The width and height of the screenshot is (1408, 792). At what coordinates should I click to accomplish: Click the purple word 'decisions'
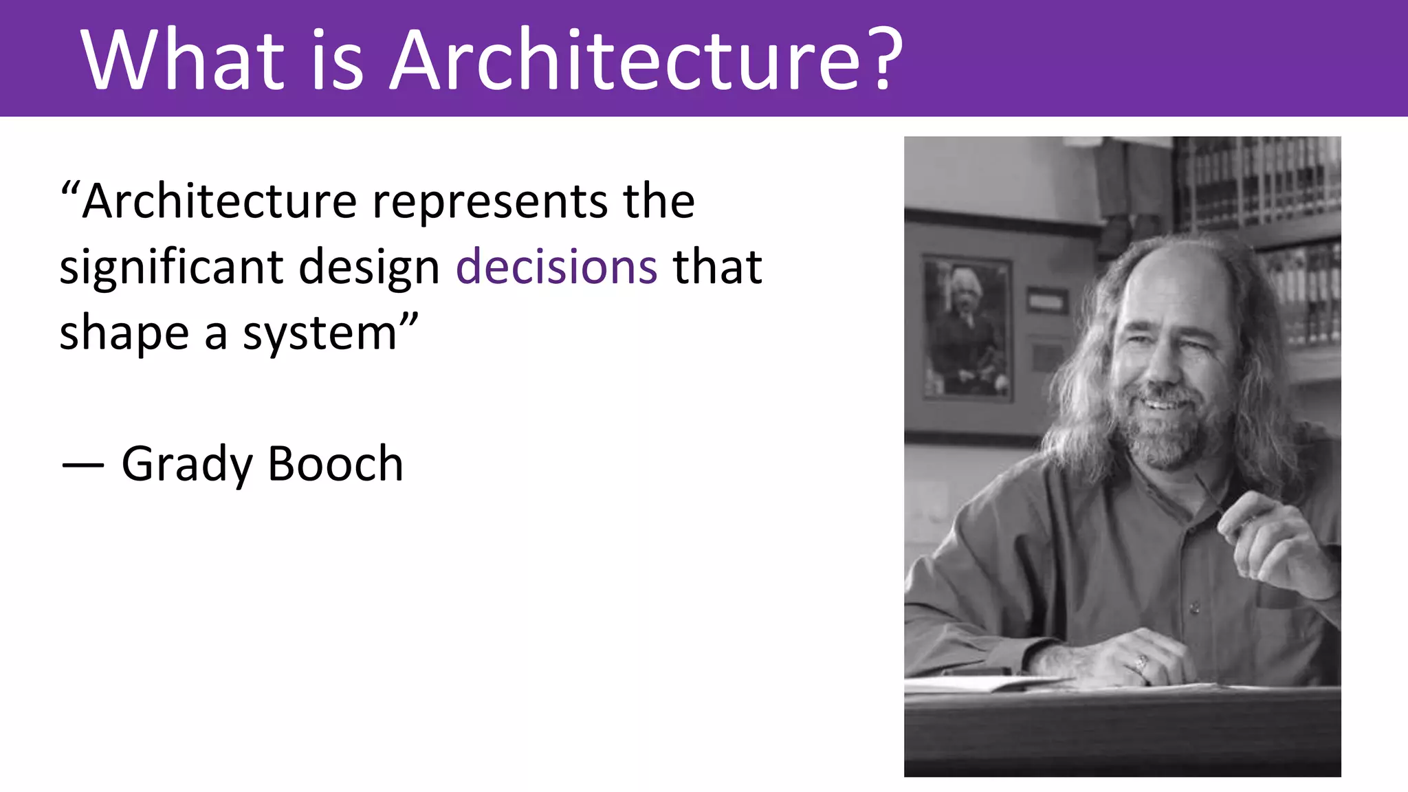pyautogui.click(x=557, y=267)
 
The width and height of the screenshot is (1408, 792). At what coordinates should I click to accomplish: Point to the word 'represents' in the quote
pyautogui.click(x=490, y=202)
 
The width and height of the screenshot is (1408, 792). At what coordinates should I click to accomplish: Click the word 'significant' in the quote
pyautogui.click(x=171, y=268)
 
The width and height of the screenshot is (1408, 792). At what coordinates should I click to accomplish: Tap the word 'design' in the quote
pyautogui.click(x=369, y=268)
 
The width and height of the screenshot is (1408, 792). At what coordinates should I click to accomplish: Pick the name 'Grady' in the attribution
pyautogui.click(x=187, y=465)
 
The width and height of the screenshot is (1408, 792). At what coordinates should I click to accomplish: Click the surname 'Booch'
pyautogui.click(x=335, y=464)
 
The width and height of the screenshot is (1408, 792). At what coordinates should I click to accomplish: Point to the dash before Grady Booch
pyautogui.click(x=82, y=465)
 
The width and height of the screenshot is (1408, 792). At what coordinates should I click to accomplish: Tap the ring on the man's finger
pyautogui.click(x=1141, y=663)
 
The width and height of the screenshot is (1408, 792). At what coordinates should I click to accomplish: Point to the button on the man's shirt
pyautogui.click(x=1195, y=608)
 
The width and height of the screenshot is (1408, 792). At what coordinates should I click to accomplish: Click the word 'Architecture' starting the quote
pyautogui.click(x=220, y=202)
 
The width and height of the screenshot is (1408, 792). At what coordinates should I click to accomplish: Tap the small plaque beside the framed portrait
pyautogui.click(x=1047, y=300)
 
